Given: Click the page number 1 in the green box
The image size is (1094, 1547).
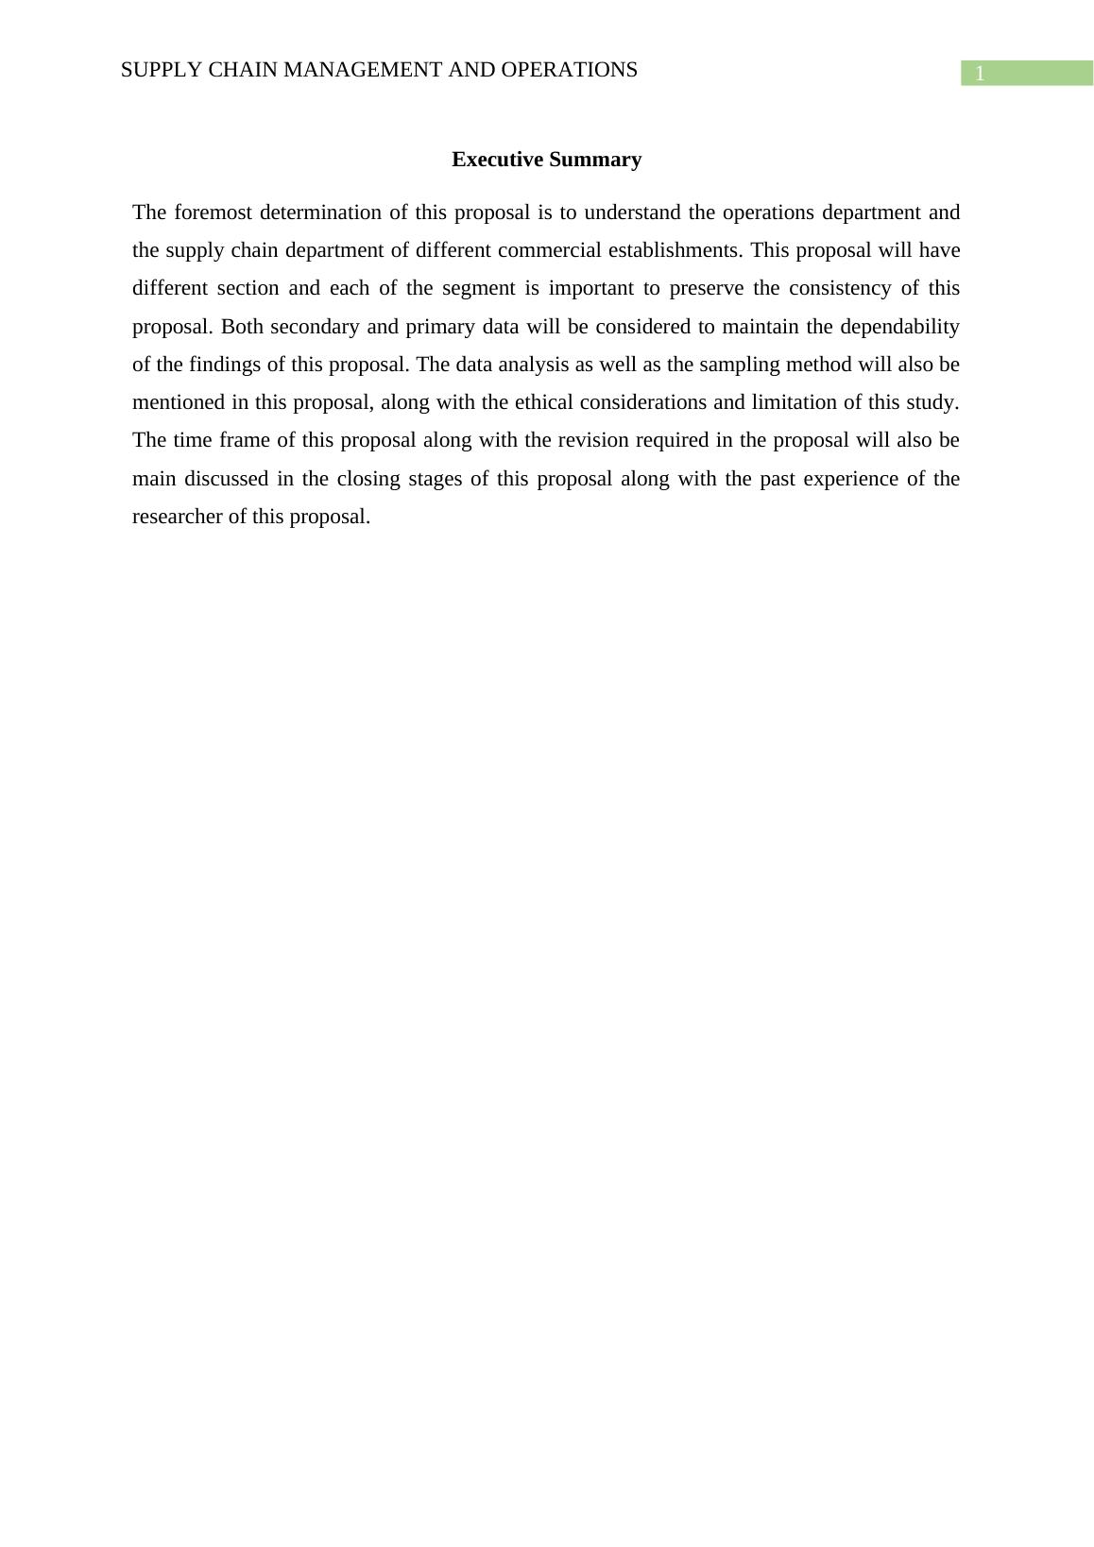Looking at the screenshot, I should pyautogui.click(x=980, y=74).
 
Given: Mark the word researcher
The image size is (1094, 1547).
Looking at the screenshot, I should pyautogui.click(x=178, y=517).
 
